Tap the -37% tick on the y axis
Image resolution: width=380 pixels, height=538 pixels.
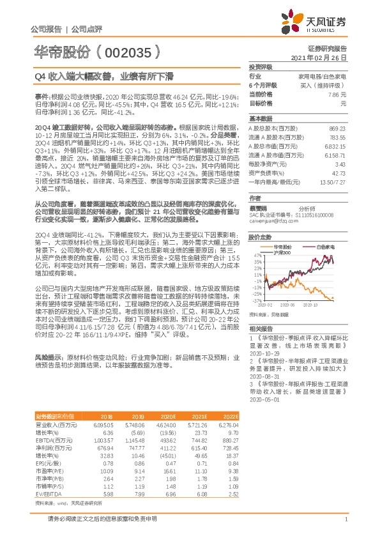click(256, 300)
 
